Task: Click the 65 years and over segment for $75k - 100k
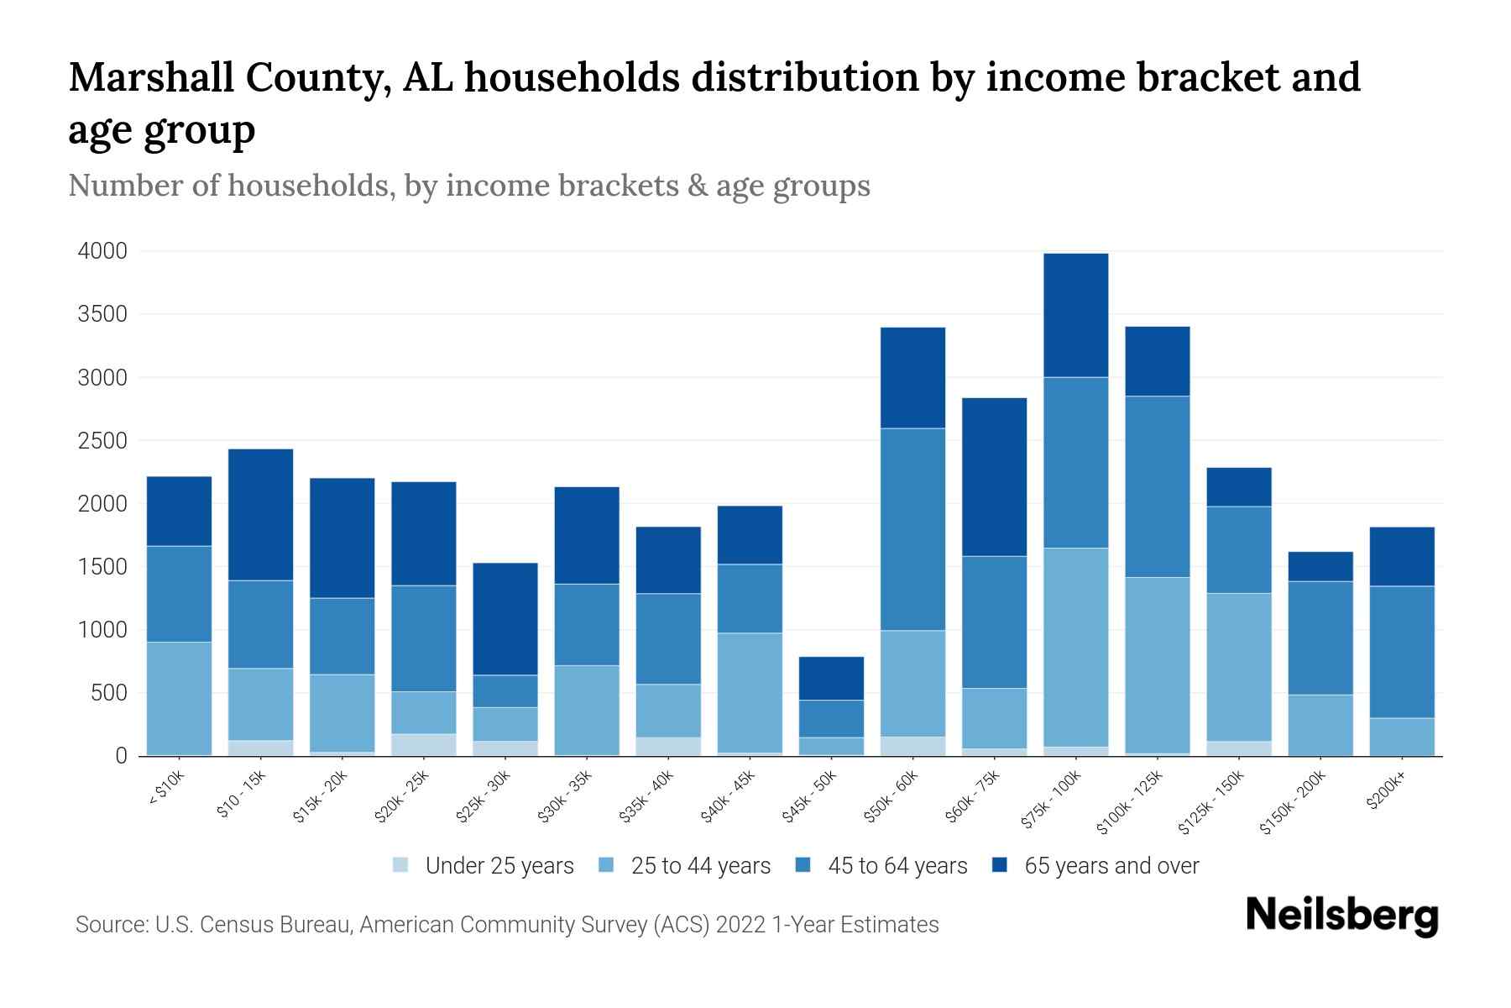pos(1075,315)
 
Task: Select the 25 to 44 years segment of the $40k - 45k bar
pos(750,693)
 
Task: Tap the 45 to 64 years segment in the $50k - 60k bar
pos(912,529)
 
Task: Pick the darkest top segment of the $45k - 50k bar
pos(831,679)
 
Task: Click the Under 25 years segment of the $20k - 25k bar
pos(424,745)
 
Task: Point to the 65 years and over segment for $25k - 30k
pos(505,619)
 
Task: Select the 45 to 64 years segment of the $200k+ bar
pos(1401,652)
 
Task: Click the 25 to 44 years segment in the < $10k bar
pos(179,698)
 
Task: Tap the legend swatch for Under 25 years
pos(401,865)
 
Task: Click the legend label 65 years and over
pos(1111,866)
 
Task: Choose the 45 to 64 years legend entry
pos(897,866)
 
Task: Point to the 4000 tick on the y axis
pos(102,251)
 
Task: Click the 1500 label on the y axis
pos(102,567)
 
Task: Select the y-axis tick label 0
pos(121,756)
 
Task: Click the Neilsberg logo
pos(1341,916)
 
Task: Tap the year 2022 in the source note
pos(740,925)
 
